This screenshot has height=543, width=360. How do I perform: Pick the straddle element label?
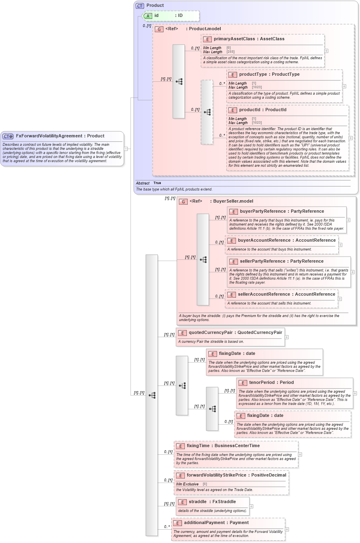[x=198, y=502]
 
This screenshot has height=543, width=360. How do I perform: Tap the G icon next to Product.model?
[x=159, y=29]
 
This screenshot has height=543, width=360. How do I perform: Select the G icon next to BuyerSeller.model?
[x=183, y=201]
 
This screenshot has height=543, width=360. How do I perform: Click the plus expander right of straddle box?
[x=252, y=506]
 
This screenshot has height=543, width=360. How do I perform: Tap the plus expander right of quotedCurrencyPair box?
[x=287, y=337]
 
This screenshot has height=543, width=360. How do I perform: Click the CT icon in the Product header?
[x=140, y=6]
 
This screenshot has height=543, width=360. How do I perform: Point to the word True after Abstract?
[x=157, y=183]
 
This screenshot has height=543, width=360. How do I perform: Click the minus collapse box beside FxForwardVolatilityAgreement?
[x=126, y=149]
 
